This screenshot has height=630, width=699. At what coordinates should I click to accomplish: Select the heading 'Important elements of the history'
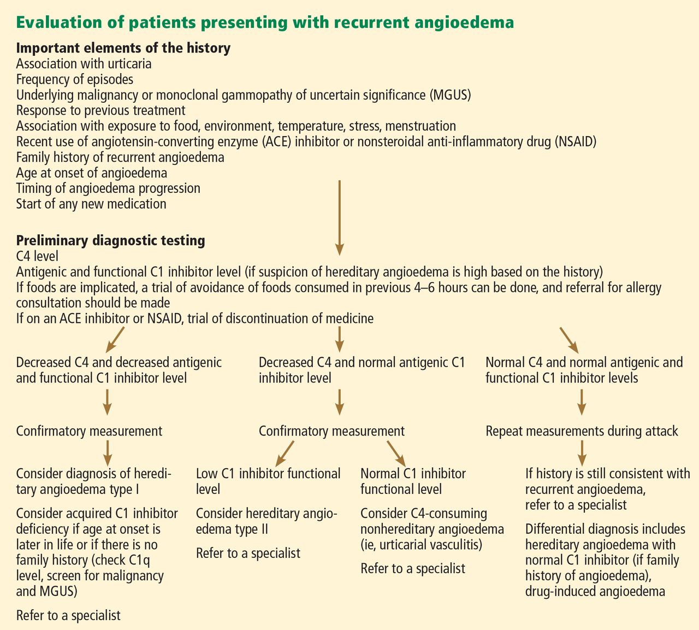123,48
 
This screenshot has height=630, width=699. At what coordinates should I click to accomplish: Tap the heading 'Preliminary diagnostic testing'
110,240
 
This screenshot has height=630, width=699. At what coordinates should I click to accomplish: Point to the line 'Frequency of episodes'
75,79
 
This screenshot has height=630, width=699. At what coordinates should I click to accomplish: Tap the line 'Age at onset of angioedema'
92,173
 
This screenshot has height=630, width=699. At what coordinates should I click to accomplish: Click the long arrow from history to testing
339,218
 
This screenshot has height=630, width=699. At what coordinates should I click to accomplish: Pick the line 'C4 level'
37,256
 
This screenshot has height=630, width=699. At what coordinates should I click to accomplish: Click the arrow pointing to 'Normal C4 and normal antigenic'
570,340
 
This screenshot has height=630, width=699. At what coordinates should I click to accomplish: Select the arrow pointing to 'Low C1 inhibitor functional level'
285,454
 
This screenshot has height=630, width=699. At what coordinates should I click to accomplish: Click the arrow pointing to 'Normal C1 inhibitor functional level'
396,454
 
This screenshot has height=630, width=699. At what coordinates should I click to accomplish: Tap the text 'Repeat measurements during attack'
582,431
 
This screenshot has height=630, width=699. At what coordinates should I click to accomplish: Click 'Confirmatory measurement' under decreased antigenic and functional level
89,431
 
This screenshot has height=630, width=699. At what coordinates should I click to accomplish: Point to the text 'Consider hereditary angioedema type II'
266,521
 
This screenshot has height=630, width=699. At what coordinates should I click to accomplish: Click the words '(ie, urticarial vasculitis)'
421,545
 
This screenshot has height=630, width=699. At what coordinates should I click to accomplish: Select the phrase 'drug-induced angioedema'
595,591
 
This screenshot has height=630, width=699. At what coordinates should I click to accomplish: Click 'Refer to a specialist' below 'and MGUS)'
68,615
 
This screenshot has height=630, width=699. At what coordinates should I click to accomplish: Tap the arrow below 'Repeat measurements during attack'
582,453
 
